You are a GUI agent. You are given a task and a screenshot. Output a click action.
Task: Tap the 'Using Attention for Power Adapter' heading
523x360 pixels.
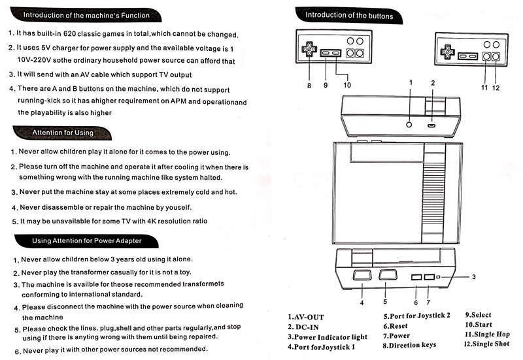pyautogui.click(x=86, y=241)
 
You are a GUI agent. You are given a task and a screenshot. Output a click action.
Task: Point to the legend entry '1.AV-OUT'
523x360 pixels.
pyautogui.click(x=305, y=318)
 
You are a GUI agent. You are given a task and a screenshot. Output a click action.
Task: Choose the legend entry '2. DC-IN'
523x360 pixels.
pyautogui.click(x=304, y=327)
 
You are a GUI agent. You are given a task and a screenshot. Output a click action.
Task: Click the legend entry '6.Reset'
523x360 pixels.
pyautogui.click(x=395, y=326)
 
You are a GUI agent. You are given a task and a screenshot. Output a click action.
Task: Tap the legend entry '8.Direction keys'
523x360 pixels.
pyautogui.click(x=409, y=345)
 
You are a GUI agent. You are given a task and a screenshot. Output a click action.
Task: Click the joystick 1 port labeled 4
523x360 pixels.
pyautogui.click(x=360, y=276)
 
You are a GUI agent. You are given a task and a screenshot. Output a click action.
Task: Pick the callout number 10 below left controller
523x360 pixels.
pyautogui.click(x=346, y=85)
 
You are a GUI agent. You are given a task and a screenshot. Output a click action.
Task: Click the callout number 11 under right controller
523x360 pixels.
pyautogui.click(x=484, y=87)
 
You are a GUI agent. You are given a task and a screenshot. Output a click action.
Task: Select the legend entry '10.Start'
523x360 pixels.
pyautogui.click(x=479, y=325)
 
